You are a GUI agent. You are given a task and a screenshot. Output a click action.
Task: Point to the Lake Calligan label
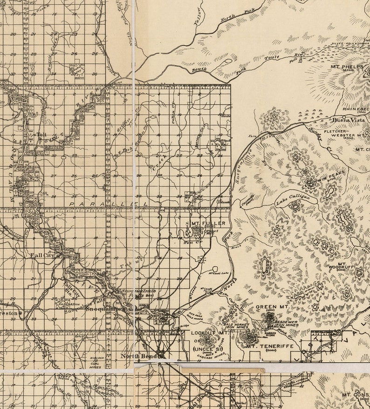tap(293, 200)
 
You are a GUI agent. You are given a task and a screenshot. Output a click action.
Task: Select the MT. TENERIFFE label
tap(266, 346)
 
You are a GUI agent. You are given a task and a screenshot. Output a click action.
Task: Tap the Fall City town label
tap(42, 255)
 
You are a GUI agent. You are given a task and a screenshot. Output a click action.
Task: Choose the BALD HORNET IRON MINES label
tap(235, 325)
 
